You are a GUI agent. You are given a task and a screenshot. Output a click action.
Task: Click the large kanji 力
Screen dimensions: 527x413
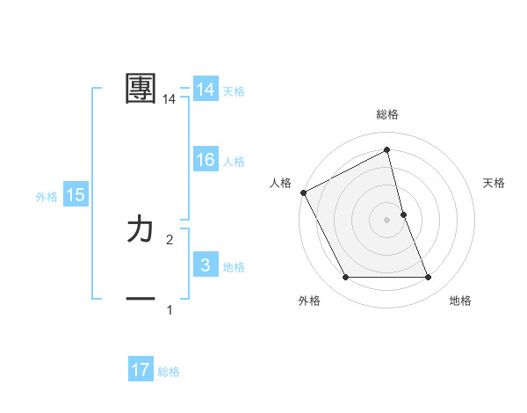pos(141,230)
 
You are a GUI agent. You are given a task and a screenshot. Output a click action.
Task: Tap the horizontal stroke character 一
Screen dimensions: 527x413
pos(141,300)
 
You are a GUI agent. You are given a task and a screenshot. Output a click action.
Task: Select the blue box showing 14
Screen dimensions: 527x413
pos(206,90)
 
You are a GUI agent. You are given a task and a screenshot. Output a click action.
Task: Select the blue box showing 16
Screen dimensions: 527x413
pos(206,160)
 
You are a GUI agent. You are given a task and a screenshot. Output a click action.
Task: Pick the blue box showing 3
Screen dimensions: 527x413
pos(206,265)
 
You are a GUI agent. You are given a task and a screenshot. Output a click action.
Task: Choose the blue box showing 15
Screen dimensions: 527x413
pos(76,195)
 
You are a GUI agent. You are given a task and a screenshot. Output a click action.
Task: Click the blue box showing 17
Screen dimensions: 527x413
pos(141,370)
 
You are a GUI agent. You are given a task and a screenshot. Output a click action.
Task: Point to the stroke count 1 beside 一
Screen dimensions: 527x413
pos(170,310)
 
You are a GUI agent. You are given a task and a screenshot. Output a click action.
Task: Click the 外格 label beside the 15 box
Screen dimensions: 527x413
pos(47,198)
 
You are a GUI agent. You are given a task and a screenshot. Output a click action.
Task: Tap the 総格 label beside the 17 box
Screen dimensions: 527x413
pos(169,372)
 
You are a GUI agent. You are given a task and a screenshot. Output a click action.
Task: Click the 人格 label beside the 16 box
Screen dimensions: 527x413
pos(234,162)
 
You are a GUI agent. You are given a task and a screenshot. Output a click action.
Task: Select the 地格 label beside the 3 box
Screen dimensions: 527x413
pos(234,267)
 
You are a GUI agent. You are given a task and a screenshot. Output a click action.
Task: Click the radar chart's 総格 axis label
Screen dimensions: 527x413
pos(387,114)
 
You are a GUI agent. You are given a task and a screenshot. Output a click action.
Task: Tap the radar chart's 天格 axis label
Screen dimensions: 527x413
pos(495,183)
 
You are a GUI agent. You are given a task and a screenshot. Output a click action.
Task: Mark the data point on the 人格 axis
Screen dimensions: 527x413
pos(303,192)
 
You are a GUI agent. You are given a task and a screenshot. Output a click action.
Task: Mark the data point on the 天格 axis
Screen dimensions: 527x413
pos(403,214)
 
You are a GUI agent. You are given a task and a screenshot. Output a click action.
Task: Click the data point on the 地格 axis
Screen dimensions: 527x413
pos(429,278)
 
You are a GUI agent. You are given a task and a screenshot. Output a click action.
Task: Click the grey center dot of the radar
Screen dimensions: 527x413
pos(387,220)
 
